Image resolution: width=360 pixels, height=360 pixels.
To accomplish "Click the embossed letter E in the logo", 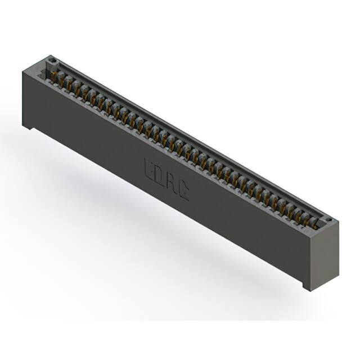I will (150, 168).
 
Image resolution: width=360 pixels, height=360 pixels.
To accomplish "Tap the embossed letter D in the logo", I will (161, 176).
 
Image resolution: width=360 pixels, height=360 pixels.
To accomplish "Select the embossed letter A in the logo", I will (173, 184).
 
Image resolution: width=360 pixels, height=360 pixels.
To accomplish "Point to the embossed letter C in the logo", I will (184, 192).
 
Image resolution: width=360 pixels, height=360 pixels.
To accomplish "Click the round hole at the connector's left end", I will (52, 59).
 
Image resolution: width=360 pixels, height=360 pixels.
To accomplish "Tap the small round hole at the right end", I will (329, 219).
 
